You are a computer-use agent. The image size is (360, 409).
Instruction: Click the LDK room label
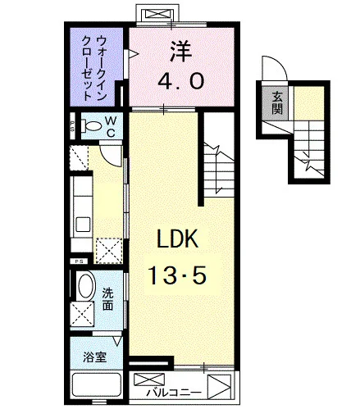pyautogui.click(x=177, y=239)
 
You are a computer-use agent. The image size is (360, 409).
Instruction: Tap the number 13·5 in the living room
pyautogui.click(x=177, y=275)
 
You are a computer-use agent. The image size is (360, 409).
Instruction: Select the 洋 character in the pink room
pyautogui.click(x=180, y=51)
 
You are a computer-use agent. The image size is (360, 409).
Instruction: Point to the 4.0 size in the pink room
pyautogui.click(x=180, y=81)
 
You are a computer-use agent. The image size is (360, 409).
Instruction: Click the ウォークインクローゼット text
pyautogui.click(x=93, y=68)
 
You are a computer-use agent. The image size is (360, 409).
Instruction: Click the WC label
pyautogui.click(x=111, y=126)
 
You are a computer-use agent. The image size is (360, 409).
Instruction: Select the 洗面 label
pyautogui.click(x=107, y=300)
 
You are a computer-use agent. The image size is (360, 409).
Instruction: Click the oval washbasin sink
pyautogui.click(x=87, y=285)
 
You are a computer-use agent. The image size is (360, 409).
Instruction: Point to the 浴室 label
pyautogui.click(x=95, y=357)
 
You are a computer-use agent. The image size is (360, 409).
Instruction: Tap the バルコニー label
pyautogui.click(x=174, y=393)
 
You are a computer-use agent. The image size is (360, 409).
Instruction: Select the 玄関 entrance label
pyautogui.click(x=277, y=102)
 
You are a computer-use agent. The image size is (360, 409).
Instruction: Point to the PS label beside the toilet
pyautogui.click(x=72, y=126)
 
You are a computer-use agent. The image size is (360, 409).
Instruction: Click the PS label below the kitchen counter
pyautogui.click(x=80, y=261)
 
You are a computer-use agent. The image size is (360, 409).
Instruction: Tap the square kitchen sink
pyautogui.click(x=83, y=225)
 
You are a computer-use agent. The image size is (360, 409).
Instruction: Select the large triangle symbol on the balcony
pyautogui.click(x=219, y=387)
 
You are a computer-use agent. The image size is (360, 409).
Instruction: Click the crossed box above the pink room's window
pyautogui.click(x=159, y=14)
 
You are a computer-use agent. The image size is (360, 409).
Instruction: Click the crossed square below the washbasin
pyautogui.click(x=82, y=314)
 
